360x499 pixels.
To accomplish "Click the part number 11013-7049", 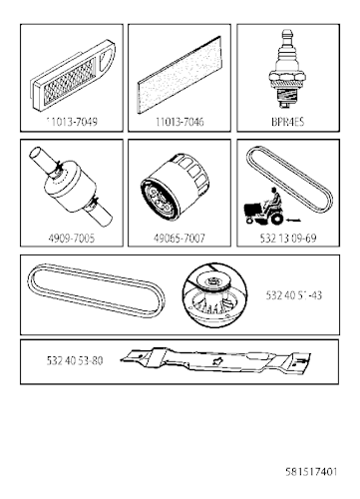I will point(73,119).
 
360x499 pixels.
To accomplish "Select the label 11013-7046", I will point(177,119).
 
